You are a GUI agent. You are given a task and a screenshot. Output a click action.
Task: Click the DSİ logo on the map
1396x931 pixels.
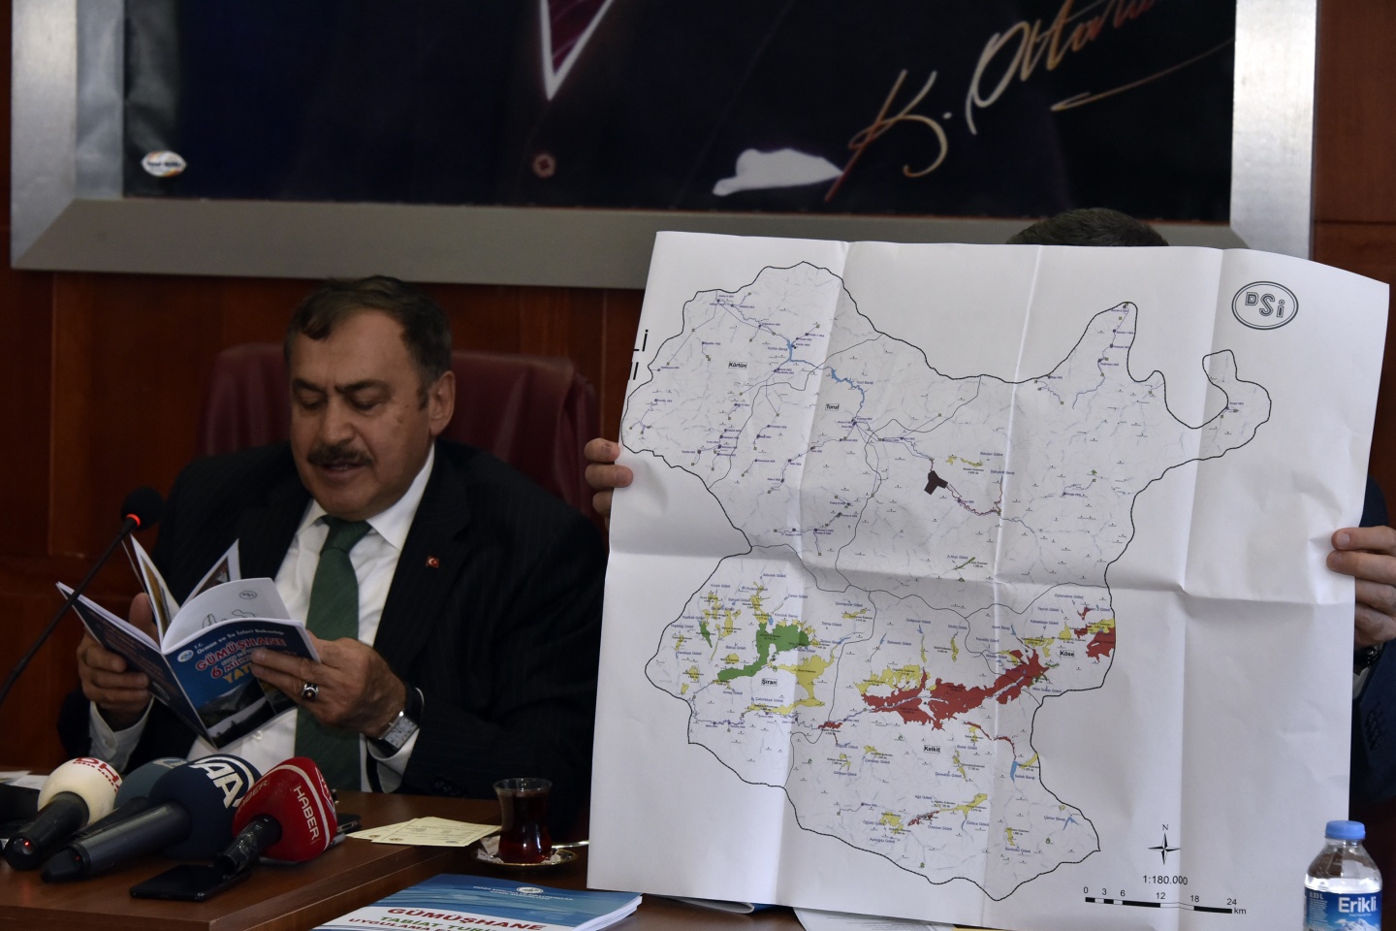(x=1265, y=304)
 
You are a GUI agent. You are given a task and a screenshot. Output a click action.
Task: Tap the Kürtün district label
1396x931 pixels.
(x=739, y=366)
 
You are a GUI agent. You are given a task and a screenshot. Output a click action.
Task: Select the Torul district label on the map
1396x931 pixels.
(x=830, y=406)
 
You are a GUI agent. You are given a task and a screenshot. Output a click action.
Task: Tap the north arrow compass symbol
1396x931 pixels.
(x=1165, y=847)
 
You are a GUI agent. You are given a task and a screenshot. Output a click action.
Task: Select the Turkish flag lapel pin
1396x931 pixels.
(x=426, y=562)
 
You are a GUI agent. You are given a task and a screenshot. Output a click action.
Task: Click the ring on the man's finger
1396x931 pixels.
(x=310, y=690)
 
